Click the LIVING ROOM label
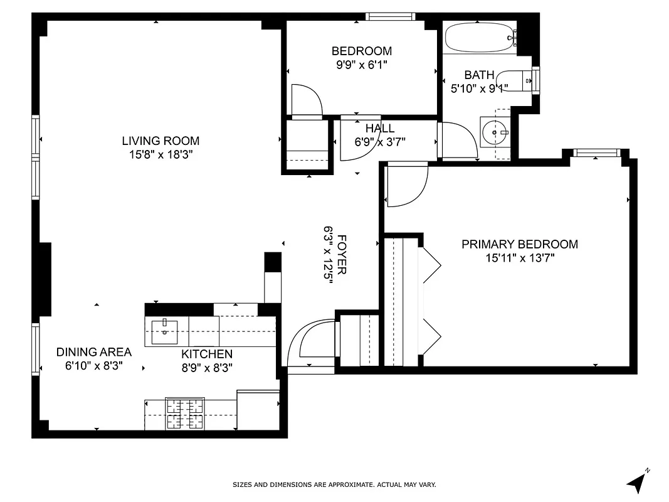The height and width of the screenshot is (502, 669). click(x=161, y=141)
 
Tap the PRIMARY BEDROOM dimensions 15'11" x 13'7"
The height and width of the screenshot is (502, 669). click(x=520, y=257)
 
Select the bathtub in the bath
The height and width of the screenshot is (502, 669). click(x=480, y=38)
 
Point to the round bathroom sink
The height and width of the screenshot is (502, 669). click(x=495, y=132)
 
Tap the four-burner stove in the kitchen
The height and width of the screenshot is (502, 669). click(x=185, y=414)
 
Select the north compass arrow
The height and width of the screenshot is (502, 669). click(x=637, y=481)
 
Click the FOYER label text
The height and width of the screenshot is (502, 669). click(x=342, y=254)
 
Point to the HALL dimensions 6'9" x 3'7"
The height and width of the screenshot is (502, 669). click(x=380, y=142)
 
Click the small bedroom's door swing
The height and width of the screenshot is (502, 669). click(x=307, y=100)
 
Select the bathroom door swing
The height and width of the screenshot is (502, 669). click(x=456, y=140)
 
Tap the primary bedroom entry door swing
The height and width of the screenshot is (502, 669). click(x=406, y=185)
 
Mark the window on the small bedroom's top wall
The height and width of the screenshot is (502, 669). click(x=391, y=16)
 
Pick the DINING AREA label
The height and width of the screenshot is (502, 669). click(x=94, y=352)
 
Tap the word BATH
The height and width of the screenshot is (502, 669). click(x=479, y=75)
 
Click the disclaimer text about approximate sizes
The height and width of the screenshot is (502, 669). click(x=334, y=484)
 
